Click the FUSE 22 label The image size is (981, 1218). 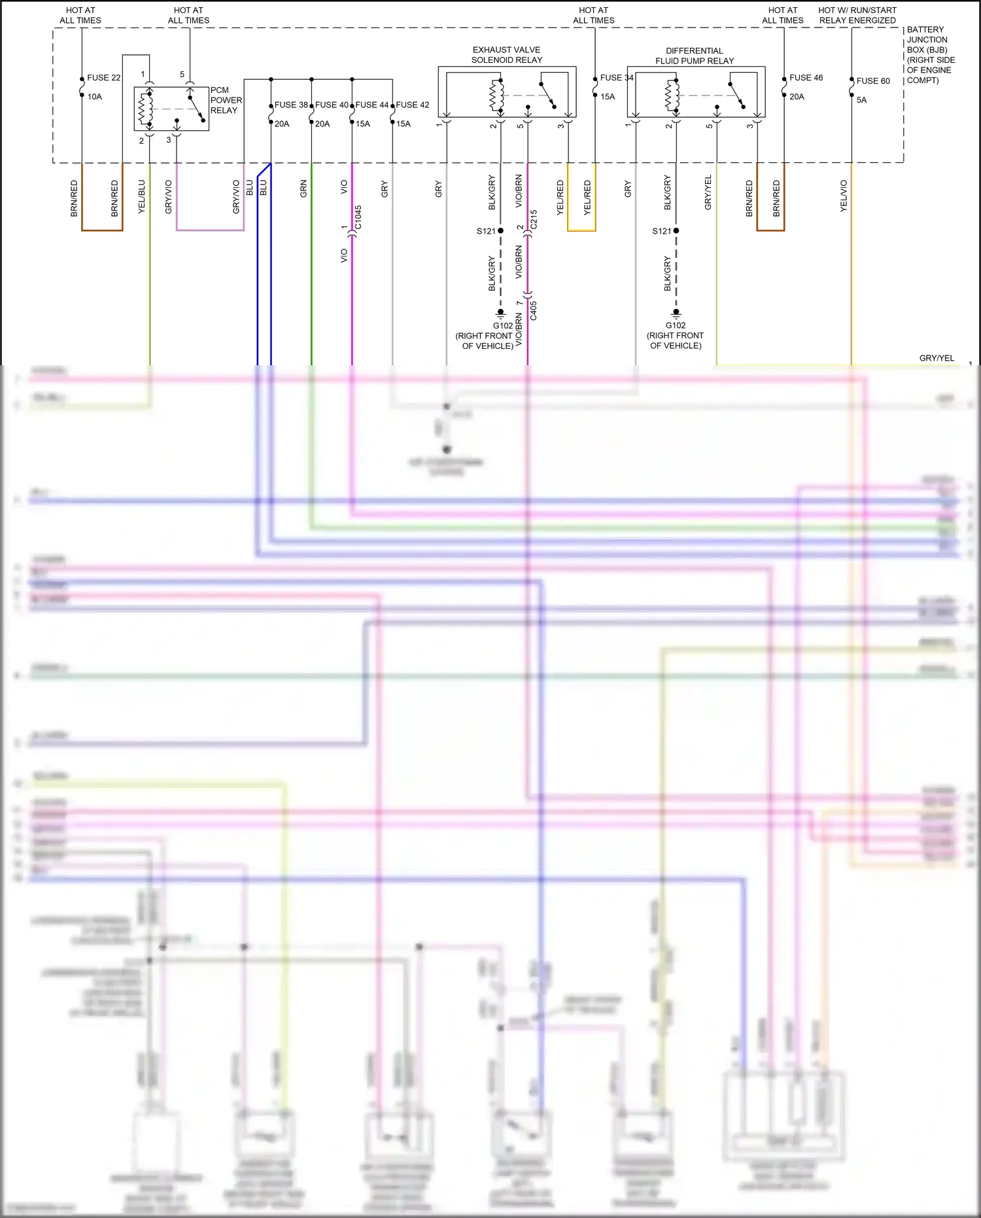coord(103,78)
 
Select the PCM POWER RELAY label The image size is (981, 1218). coord(226,100)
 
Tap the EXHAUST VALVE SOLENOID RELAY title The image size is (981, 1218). coord(507,55)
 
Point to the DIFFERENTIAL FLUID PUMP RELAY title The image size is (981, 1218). coord(695,56)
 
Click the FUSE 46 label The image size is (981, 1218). coord(806,78)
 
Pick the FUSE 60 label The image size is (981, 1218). coord(873,81)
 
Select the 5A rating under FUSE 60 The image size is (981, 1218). coord(861,100)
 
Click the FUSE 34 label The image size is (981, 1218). coord(616,78)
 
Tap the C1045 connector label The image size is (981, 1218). coord(358,217)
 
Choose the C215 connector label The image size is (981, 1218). coord(534,219)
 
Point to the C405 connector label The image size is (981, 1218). coord(534,310)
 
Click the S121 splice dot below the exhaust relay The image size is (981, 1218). coord(501,231)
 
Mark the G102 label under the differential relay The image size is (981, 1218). coord(676,325)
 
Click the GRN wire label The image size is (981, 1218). coord(303,189)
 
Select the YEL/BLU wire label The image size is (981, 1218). coord(142,196)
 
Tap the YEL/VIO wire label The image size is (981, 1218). coord(844,196)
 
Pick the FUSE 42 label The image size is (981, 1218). coord(413,105)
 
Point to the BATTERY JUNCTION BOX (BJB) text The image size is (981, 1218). coord(927,40)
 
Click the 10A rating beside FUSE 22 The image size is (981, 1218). coord(95,97)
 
